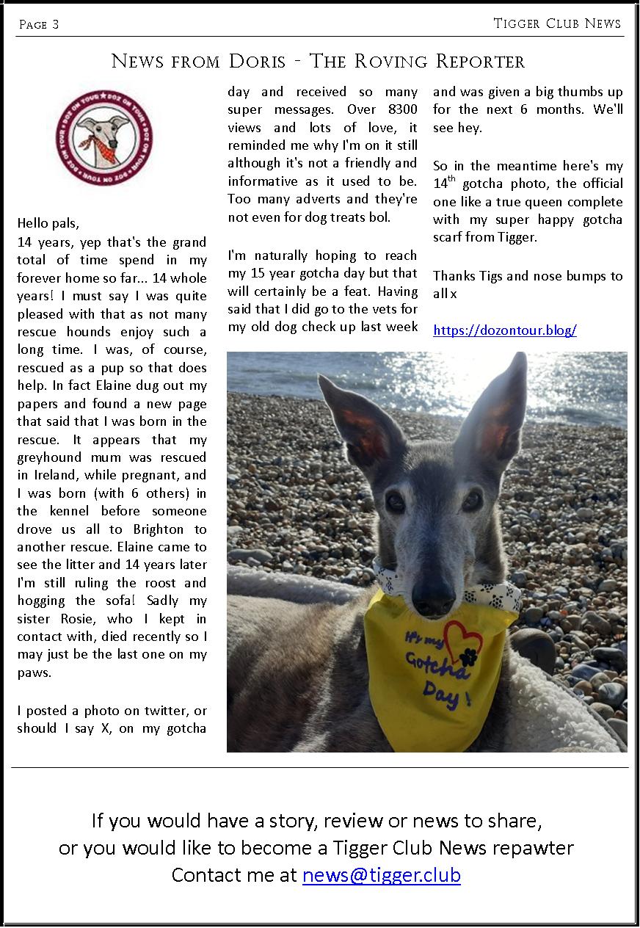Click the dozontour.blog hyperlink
[505, 330]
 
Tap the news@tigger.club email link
[381, 875]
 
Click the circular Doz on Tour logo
[104, 135]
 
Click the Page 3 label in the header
[38, 25]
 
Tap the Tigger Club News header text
[557, 23]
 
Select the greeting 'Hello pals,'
[48, 223]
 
